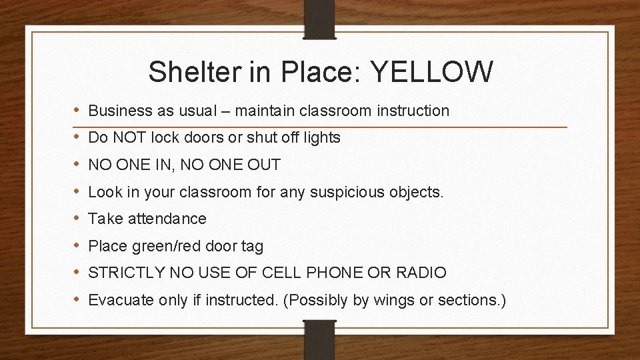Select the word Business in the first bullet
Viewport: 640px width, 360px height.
click(x=117, y=110)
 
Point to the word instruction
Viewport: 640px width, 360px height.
click(x=412, y=110)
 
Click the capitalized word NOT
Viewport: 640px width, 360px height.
click(x=128, y=138)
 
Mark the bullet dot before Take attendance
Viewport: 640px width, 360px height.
click(x=77, y=219)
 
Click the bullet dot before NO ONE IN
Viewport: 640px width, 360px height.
click(x=77, y=165)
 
